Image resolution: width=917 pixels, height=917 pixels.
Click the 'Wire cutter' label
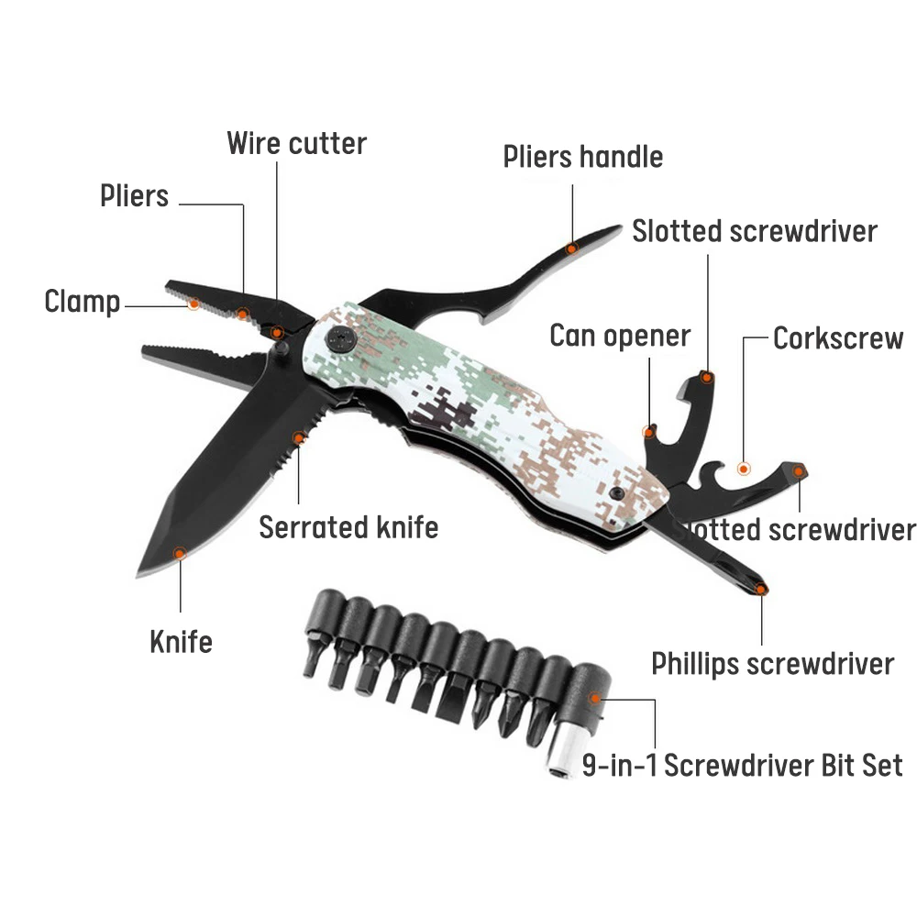tap(296, 143)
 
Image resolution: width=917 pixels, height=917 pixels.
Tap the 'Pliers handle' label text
tap(582, 157)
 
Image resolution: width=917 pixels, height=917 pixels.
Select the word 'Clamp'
tap(82, 302)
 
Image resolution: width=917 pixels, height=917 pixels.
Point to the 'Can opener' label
tap(619, 336)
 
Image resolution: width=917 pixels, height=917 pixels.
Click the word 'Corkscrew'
tap(838, 337)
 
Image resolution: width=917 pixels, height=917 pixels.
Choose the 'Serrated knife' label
tap(348, 527)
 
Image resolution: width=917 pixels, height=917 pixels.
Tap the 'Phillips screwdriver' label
tap(772, 663)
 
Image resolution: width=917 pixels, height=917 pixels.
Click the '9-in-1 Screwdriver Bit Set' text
tap(743, 765)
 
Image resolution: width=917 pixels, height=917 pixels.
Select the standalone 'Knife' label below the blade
tap(181, 642)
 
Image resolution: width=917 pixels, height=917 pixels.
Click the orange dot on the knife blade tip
tap(181, 552)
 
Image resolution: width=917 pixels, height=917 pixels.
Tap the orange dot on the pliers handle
tap(571, 248)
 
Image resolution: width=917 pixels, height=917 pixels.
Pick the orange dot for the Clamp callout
tap(193, 303)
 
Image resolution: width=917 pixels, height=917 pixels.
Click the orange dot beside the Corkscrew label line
tap(744, 469)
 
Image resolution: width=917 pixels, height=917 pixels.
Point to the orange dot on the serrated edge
tap(298, 438)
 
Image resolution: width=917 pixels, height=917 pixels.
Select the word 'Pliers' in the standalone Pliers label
tap(135, 195)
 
